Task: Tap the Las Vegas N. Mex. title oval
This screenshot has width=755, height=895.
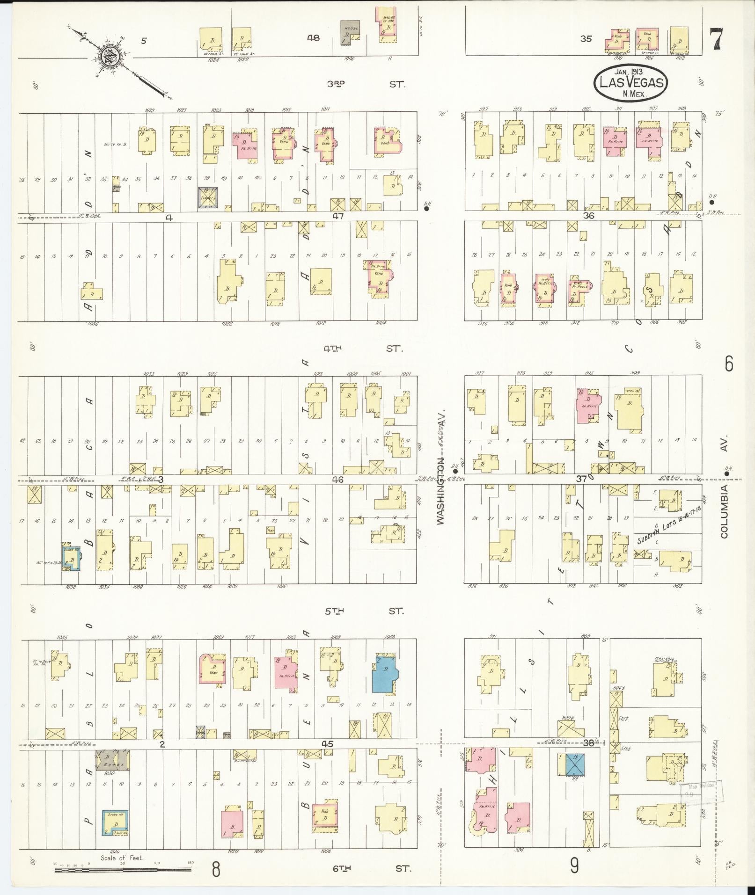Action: point(630,82)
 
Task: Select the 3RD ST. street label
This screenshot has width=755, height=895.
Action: point(365,84)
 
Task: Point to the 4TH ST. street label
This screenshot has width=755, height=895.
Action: point(363,349)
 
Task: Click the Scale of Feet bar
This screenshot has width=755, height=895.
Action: point(123,870)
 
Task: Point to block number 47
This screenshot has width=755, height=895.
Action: point(338,216)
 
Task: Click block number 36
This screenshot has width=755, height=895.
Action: point(588,216)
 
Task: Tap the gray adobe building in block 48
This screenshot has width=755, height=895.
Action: point(350,32)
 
